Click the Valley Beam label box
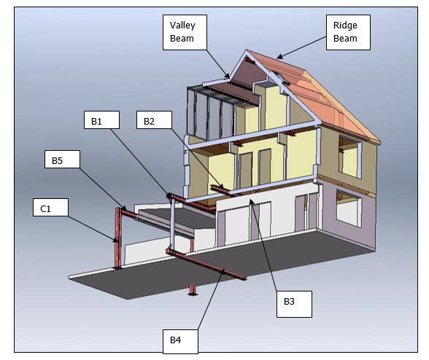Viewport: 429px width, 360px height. (x=185, y=32)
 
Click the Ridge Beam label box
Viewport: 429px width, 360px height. (x=348, y=32)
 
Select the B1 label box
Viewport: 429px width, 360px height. (x=101, y=120)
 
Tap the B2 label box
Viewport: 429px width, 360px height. (x=154, y=120)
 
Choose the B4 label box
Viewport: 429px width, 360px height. (x=180, y=342)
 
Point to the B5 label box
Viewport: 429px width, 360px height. (x=62, y=159)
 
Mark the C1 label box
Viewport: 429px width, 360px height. (x=50, y=207)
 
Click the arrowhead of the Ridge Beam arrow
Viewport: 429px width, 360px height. (x=277, y=58)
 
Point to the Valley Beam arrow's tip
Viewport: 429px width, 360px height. (x=229, y=78)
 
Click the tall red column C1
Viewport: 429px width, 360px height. (x=118, y=238)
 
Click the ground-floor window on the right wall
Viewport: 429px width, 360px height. (x=348, y=208)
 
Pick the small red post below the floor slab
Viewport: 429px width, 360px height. (x=193, y=290)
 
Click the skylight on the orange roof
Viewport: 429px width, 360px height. (x=281, y=78)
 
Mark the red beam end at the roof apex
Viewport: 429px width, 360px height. (x=250, y=60)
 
